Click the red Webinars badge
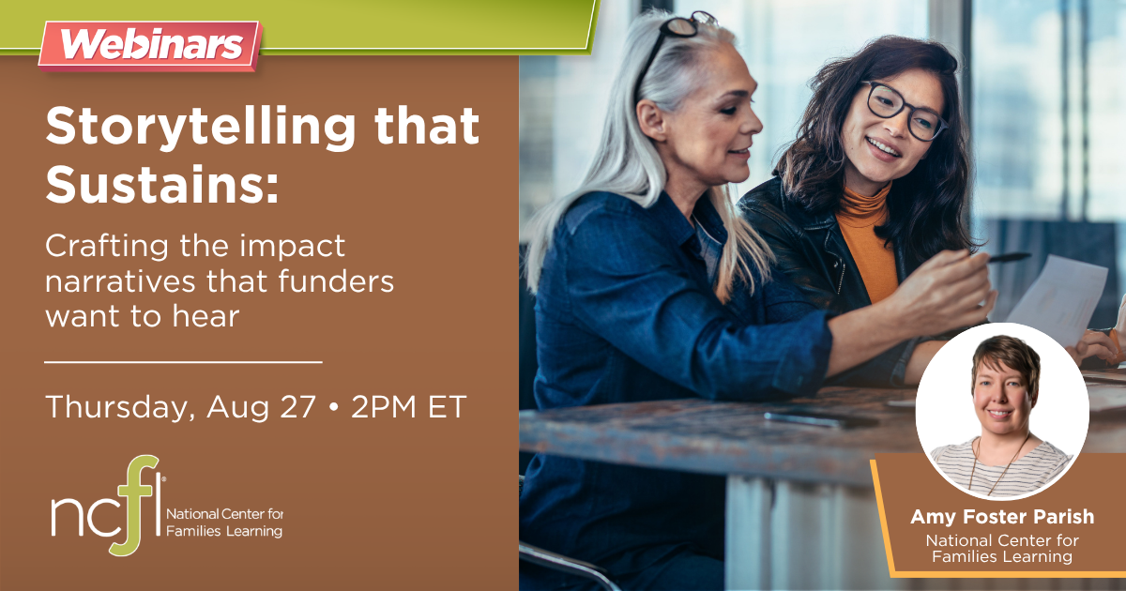pos(150,45)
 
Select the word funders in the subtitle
pos(336,280)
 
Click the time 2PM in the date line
pos(384,406)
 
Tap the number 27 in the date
pos(298,406)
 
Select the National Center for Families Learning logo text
pos(224,523)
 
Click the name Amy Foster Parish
pos(1002,517)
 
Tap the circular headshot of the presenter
pos(1002,411)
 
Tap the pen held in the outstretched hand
pos(1008,258)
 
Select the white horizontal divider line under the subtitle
pos(183,362)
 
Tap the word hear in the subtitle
pos(206,317)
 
